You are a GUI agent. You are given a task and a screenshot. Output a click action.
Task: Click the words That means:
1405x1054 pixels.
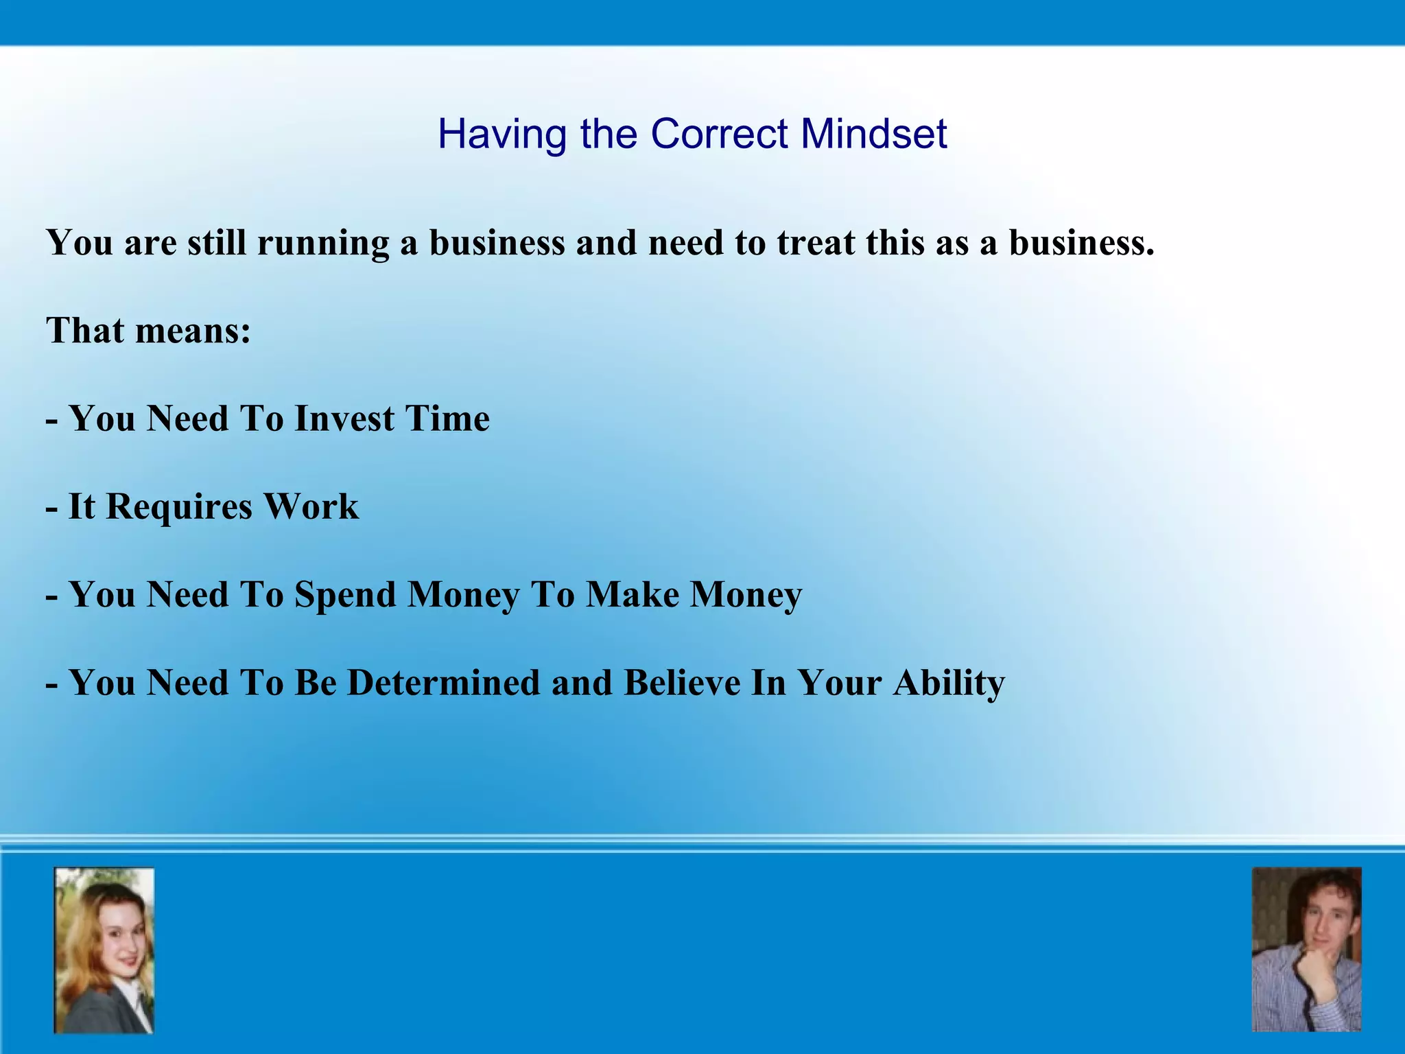click(x=148, y=331)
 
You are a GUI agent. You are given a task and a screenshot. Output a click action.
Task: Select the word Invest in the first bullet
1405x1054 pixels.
click(x=344, y=419)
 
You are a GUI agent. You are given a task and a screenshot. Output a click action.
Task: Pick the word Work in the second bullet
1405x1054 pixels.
click(x=311, y=506)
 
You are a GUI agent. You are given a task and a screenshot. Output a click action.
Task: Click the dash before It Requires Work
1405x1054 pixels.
click(x=51, y=508)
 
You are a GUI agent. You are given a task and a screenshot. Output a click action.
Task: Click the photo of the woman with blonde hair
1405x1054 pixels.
click(x=104, y=950)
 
